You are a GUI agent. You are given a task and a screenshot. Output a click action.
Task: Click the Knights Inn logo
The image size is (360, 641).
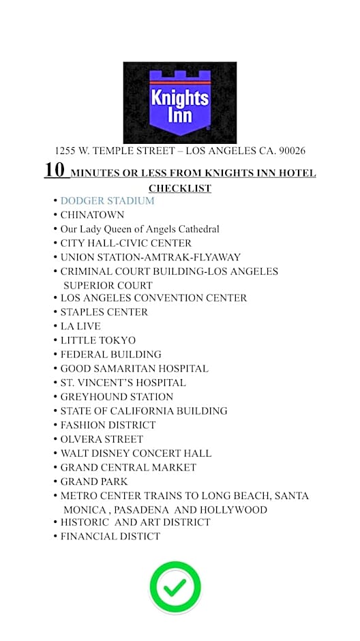tap(180, 102)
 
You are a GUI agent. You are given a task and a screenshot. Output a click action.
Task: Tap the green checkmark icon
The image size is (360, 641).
tap(175, 587)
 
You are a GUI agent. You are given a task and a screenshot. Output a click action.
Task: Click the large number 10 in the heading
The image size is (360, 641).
tap(55, 170)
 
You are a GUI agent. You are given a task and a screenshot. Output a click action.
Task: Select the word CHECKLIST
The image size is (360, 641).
tap(180, 188)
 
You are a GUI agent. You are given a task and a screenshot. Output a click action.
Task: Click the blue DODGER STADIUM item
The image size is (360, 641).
tap(107, 201)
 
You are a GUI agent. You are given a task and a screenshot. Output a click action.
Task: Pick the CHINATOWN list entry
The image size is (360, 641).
tap(92, 215)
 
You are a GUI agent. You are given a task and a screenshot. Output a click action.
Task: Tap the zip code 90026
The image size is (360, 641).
tap(288, 151)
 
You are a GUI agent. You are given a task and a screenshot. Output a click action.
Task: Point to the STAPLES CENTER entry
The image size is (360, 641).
tap(104, 312)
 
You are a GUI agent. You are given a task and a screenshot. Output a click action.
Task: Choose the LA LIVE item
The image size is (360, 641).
tap(80, 327)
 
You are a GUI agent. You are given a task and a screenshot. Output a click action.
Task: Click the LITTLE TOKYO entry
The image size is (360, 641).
tap(98, 340)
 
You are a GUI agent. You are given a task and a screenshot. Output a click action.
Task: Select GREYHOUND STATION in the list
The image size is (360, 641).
tap(117, 397)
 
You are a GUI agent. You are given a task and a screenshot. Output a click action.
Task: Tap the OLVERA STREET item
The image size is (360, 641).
tap(102, 439)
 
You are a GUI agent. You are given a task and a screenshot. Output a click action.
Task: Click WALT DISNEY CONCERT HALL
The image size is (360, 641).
tap(136, 453)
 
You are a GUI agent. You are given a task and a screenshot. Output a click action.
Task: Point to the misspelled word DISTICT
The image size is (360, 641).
tap(138, 537)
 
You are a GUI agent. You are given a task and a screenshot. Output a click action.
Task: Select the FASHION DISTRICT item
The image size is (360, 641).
tap(108, 425)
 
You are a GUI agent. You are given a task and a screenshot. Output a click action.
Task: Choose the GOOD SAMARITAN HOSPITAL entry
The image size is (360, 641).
tap(134, 369)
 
